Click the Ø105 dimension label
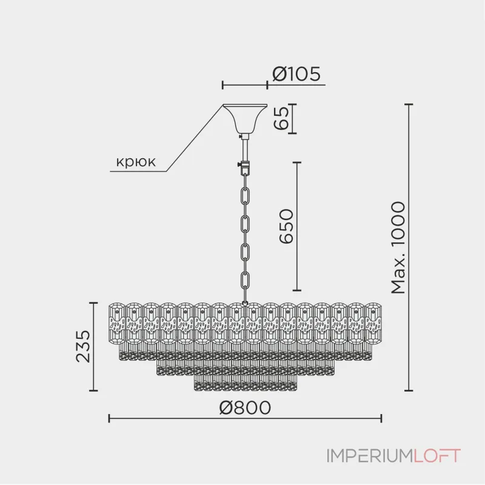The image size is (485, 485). [296, 74]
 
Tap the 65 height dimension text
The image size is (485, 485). [281, 118]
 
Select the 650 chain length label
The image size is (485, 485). [286, 226]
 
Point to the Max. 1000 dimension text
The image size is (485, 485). [398, 247]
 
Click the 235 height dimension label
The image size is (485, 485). [83, 346]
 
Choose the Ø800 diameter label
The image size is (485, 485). [245, 407]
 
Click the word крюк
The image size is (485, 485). [136, 161]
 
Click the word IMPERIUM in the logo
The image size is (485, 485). [370, 456]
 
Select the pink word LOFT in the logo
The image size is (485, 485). [437, 456]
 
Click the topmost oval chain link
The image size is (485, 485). [246, 195]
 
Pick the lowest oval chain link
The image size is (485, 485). [246, 279]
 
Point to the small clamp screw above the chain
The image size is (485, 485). [239, 164]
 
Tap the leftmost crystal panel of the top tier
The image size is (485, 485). [117, 323]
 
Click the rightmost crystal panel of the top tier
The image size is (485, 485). [373, 323]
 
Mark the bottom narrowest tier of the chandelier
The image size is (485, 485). [246, 383]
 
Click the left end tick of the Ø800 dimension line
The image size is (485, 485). [109, 418]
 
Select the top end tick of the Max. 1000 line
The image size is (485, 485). [409, 104]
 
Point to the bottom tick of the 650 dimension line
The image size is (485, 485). [297, 290]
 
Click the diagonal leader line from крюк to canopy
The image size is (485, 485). [195, 138]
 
